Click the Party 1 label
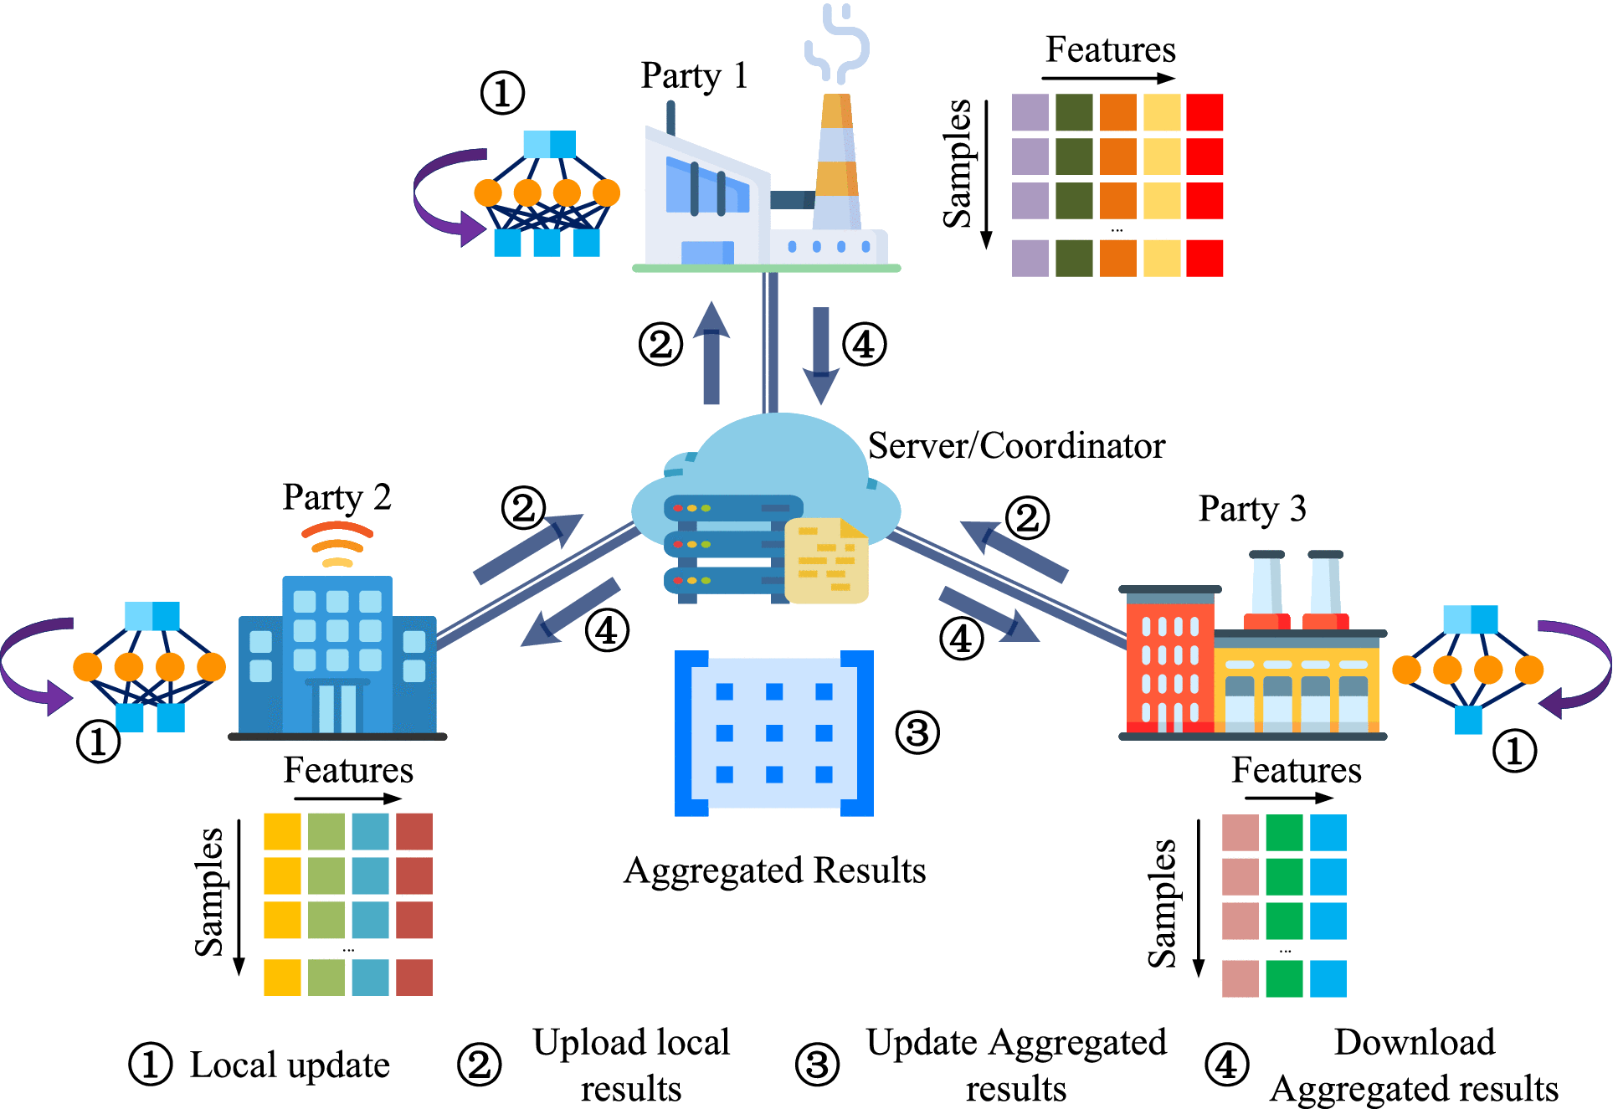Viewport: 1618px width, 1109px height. click(x=694, y=76)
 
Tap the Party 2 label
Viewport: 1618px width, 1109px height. click(x=336, y=498)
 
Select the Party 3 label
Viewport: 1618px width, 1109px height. click(x=1252, y=509)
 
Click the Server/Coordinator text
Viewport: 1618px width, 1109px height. click(x=1016, y=446)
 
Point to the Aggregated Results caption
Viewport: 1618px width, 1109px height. click(x=774, y=870)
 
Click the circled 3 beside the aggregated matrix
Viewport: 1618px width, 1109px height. click(x=917, y=733)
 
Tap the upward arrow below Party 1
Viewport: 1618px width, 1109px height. click(x=711, y=352)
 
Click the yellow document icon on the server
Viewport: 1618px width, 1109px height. click(x=827, y=559)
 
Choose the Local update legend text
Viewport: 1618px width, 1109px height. click(x=290, y=1065)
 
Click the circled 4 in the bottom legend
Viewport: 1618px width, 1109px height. click(x=1226, y=1065)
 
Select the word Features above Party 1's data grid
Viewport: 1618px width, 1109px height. click(x=1111, y=50)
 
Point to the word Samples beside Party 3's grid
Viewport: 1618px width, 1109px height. click(x=1162, y=904)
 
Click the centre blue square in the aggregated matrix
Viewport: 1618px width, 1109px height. click(x=774, y=733)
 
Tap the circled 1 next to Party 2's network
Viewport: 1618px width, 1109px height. click(x=98, y=742)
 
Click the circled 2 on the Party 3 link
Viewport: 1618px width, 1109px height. click(x=1027, y=518)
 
